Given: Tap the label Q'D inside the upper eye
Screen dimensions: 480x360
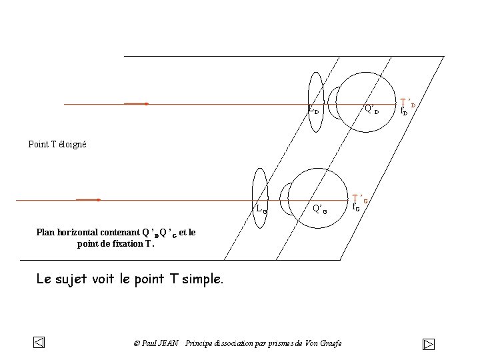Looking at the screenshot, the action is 371,109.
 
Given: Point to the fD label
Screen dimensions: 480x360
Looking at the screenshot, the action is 403,112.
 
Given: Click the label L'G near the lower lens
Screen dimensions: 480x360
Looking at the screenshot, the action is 261,209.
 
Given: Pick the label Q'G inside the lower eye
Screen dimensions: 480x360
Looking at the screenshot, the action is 320,209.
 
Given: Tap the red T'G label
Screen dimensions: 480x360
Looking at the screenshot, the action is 361,198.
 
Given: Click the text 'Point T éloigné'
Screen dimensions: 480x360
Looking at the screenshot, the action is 57,144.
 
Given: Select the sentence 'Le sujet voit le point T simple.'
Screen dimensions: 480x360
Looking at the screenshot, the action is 130,279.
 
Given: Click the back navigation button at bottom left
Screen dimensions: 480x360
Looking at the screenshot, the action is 39,343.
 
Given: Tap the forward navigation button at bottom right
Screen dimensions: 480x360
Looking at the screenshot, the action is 429,344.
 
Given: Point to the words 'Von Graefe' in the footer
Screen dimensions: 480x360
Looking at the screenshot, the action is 323,343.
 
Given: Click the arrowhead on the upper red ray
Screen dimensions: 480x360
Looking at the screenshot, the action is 145,104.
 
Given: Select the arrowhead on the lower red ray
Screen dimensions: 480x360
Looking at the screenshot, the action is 97,199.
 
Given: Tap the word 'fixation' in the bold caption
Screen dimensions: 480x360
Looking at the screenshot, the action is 117,243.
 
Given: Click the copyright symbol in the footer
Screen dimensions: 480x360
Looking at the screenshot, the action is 137,343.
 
